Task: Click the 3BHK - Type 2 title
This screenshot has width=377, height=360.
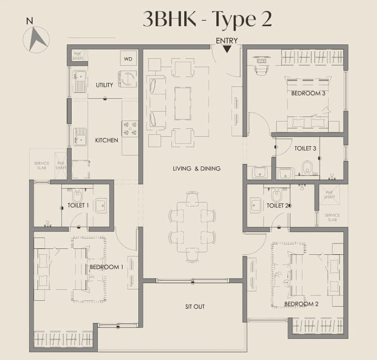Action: coord(207,19)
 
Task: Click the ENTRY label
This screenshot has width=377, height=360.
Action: coord(227,40)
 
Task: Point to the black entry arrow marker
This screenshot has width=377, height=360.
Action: coord(227,49)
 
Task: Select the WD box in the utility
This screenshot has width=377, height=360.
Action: coord(128,59)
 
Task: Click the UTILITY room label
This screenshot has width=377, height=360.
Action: coord(104,85)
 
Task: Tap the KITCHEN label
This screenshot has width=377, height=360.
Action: coord(107,140)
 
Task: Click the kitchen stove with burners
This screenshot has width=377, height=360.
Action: coord(129,129)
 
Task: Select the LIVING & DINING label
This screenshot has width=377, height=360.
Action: coord(197,168)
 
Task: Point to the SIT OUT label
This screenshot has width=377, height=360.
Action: coord(195,307)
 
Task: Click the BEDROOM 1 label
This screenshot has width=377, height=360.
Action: coord(106,267)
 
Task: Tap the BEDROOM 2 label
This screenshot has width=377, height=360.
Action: coord(301,304)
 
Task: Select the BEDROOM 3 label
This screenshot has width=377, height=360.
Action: coord(308,93)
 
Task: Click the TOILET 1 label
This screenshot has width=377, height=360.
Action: coord(78,205)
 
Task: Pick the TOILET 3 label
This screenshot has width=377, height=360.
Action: coord(305,148)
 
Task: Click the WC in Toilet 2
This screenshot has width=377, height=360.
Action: coord(276,194)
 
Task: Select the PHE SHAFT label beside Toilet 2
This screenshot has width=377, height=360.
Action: coord(330,195)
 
